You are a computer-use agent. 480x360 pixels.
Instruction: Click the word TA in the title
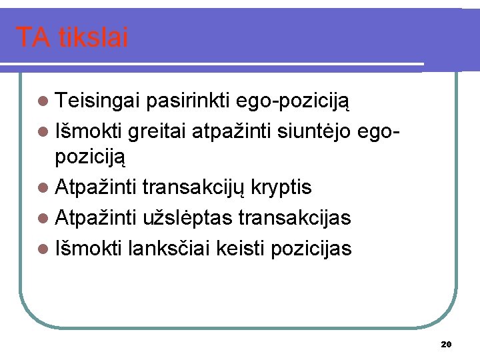(32, 38)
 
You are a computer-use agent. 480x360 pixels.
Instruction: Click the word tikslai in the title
(93, 38)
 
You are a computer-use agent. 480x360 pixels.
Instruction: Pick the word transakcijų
(195, 188)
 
